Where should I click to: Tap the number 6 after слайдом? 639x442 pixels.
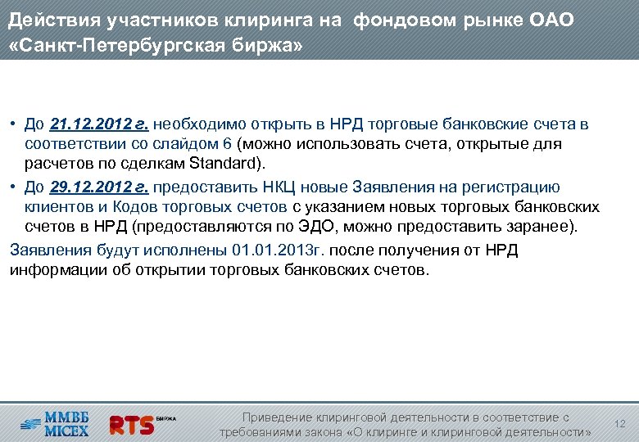tap(227, 145)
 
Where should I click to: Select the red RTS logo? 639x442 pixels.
tap(132, 424)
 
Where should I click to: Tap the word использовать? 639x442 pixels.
tap(368, 145)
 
